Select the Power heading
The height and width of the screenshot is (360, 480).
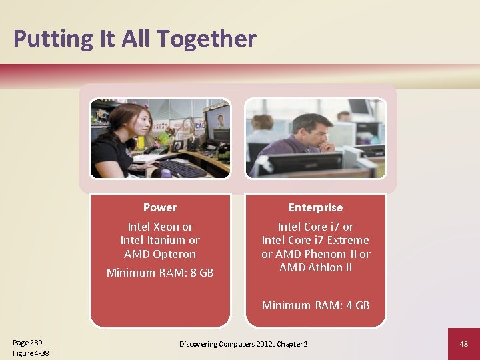tap(160, 207)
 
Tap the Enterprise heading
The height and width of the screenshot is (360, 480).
tap(315, 207)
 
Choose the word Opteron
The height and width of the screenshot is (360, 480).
tap(174, 254)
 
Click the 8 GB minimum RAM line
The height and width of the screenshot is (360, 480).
tap(160, 272)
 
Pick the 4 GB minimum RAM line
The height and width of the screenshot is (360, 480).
tap(315, 305)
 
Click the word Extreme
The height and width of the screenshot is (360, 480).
tap(346, 240)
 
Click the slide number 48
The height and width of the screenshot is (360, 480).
tap(463, 343)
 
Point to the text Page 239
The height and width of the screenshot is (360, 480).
tap(27, 342)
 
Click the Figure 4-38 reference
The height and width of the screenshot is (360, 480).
tap(31, 353)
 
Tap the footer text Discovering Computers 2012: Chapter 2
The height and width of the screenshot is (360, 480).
tap(243, 343)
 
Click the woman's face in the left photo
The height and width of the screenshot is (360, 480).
tap(123, 123)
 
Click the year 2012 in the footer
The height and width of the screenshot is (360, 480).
tap(260, 343)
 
